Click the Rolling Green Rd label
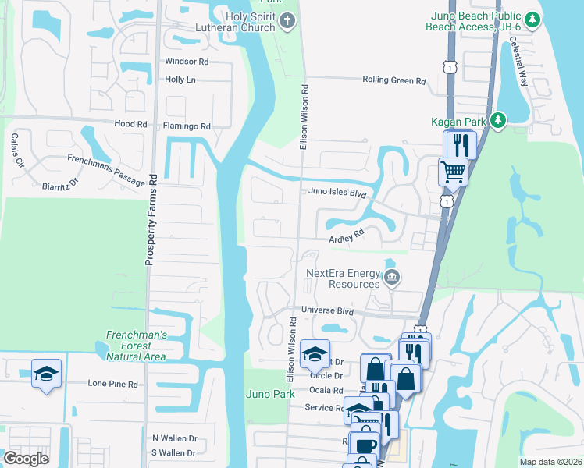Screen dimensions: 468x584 (394, 80)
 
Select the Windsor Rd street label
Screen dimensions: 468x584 (187, 61)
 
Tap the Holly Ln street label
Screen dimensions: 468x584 (180, 80)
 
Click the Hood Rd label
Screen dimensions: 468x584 (130, 124)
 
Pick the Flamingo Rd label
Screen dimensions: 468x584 (187, 126)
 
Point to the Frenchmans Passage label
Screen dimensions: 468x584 (106, 170)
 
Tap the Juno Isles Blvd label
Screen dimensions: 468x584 (337, 192)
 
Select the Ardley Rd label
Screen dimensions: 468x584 (347, 236)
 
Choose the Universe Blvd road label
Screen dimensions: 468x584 (328, 310)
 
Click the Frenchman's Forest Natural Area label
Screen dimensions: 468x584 (137, 345)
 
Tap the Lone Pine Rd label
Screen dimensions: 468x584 (112, 384)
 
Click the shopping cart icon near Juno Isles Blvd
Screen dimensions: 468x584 (453, 171)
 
